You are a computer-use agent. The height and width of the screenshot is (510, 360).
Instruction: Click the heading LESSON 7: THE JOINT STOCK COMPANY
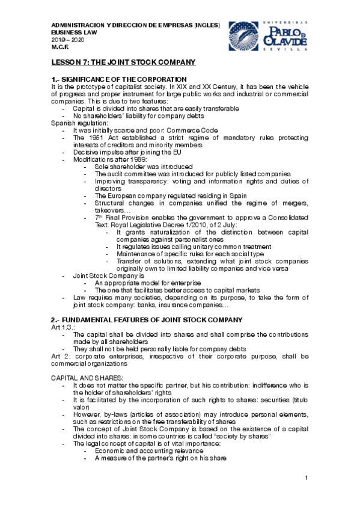click(x=123, y=63)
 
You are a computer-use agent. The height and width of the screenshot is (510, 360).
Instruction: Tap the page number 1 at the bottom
click(x=306, y=478)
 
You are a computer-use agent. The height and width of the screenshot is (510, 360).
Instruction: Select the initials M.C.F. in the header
click(x=59, y=46)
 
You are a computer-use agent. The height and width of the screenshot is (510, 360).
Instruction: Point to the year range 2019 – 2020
click(x=68, y=39)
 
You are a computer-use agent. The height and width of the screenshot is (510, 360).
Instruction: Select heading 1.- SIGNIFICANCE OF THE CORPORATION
click(x=119, y=80)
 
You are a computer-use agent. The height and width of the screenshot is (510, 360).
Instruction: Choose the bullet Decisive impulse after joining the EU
click(x=129, y=153)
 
